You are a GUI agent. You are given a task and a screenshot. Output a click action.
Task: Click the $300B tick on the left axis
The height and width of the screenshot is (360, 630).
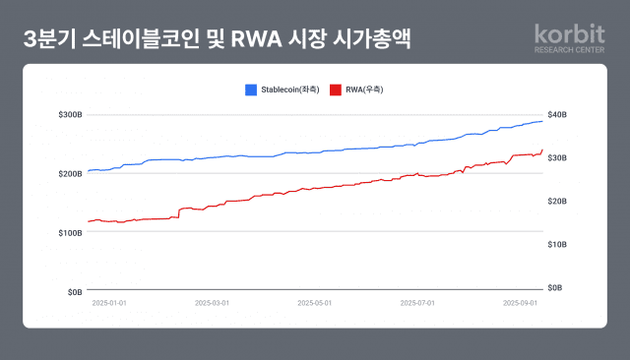(70, 115)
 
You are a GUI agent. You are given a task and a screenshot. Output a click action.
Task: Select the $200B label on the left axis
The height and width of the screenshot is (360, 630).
(70, 174)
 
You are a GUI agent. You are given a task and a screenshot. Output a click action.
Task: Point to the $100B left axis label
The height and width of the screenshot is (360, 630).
(70, 233)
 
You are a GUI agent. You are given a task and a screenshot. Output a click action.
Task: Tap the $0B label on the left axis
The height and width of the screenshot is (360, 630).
(74, 292)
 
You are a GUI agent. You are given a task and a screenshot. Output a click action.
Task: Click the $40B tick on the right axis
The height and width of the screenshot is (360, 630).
(557, 115)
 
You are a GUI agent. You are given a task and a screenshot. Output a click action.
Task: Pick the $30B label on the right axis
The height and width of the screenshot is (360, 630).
(557, 157)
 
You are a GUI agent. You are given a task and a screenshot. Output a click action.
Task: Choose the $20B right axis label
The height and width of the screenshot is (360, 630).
(557, 201)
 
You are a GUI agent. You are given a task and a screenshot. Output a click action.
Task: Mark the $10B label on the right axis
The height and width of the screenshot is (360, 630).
(557, 244)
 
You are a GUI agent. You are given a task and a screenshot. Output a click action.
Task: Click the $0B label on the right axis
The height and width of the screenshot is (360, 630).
(555, 287)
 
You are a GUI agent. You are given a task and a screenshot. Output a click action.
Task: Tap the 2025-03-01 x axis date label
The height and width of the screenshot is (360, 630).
(212, 303)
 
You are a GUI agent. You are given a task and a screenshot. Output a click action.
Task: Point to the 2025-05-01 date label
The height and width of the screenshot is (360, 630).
(315, 303)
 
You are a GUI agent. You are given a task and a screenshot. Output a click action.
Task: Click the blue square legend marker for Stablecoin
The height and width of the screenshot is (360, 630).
(251, 90)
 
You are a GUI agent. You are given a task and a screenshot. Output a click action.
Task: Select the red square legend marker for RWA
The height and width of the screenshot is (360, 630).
(336, 90)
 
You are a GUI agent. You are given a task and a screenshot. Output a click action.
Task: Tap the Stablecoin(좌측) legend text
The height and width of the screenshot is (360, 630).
(289, 90)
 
